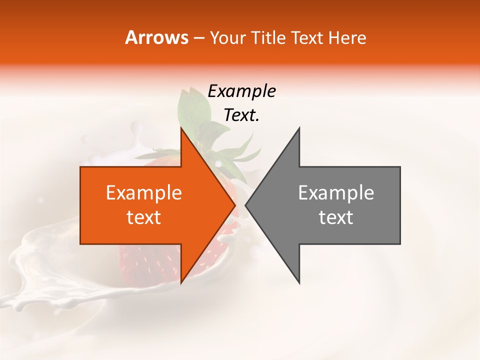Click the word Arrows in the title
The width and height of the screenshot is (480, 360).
156,37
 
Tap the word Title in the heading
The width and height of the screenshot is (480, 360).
268,37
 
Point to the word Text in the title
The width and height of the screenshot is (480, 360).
307,37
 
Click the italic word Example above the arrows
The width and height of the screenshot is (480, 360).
241,91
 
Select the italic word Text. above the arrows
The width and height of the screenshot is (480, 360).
241,115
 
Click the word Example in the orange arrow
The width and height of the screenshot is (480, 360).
143,193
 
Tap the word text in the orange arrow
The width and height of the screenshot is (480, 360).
143,217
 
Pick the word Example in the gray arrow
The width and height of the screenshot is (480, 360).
336,193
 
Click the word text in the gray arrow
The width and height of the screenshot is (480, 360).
336,217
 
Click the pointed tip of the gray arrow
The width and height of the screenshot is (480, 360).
246,205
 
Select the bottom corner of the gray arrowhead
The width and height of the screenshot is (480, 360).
299,283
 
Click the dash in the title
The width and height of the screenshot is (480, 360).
198,38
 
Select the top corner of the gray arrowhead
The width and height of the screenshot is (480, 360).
299,128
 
